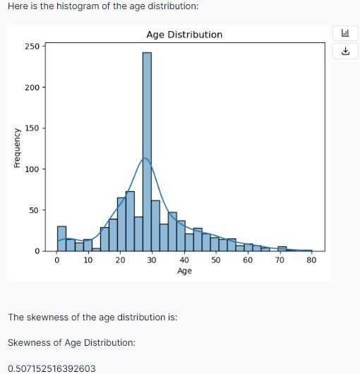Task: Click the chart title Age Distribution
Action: click(184, 35)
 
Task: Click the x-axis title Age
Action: click(184, 271)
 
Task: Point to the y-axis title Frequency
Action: click(16, 147)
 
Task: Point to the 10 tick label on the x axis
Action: click(88, 260)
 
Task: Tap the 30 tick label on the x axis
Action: click(152, 260)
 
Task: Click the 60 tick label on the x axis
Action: click(248, 260)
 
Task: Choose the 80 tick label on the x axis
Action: click(312, 260)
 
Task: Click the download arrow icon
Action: click(345, 52)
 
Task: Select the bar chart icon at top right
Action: click(345, 33)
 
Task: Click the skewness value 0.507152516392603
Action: click(52, 368)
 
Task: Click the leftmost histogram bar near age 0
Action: click(61, 239)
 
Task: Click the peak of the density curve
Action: click(145, 158)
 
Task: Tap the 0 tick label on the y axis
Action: click(38, 251)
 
